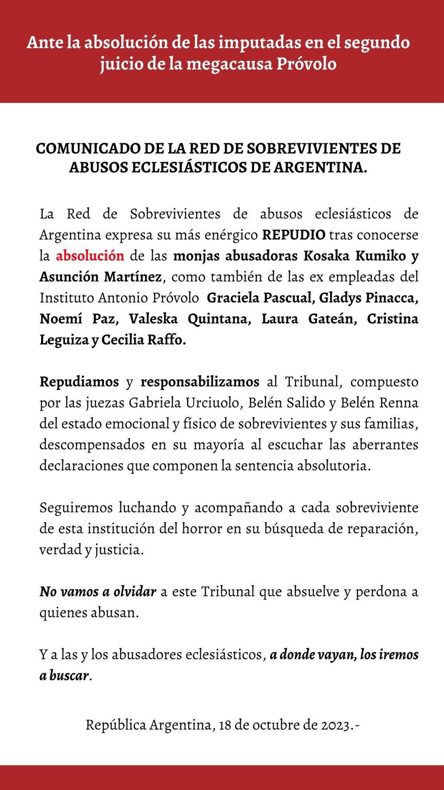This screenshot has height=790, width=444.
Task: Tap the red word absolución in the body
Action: [90, 256]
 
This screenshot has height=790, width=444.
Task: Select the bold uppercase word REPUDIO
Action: [294, 235]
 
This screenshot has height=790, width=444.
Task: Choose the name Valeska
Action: [153, 319]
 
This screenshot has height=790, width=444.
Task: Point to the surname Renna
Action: [399, 403]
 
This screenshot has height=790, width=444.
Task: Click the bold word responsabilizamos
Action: [200, 381]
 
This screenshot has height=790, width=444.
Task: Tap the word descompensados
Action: [92, 444]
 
